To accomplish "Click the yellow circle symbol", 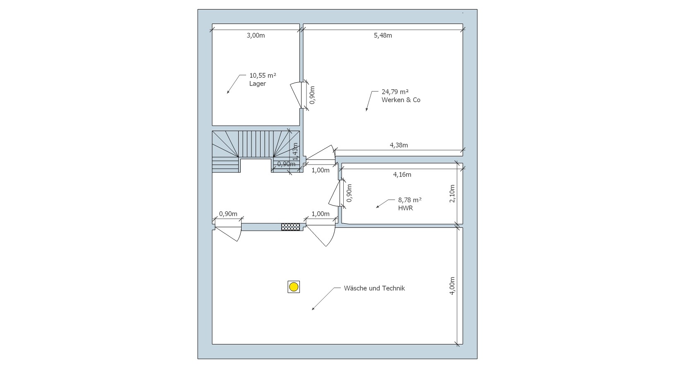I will (x=294, y=287).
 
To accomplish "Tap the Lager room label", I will (x=257, y=84).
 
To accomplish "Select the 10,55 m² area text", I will (x=262, y=76).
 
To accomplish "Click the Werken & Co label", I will (x=401, y=100).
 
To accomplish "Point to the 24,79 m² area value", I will (x=395, y=92).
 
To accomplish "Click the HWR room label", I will (x=405, y=208).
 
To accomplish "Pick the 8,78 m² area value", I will (x=410, y=200).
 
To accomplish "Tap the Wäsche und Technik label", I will (x=374, y=288).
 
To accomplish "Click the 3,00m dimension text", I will (x=256, y=36).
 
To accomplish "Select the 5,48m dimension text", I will (x=383, y=36).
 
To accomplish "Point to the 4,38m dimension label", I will (x=399, y=145).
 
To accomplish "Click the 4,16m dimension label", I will (x=402, y=174).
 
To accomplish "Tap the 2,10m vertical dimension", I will (x=452, y=194).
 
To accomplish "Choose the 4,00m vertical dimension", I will (x=452, y=285).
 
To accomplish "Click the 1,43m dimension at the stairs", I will (x=295, y=151).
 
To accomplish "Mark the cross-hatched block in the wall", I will (x=290, y=227).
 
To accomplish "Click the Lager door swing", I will (x=297, y=95).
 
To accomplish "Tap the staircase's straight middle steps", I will (x=256, y=144).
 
